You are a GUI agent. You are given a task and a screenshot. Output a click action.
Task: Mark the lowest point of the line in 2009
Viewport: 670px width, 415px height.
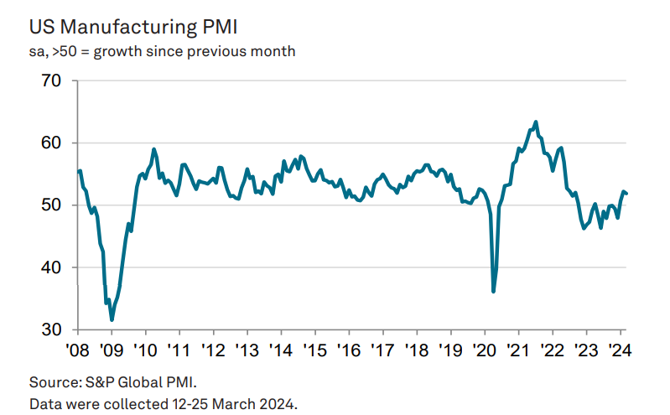pyautogui.click(x=112, y=319)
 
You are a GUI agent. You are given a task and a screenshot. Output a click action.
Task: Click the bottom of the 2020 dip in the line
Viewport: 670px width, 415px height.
pyautogui.click(x=493, y=291)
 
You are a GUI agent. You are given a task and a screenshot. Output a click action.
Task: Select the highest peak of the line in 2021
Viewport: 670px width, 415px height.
pyautogui.click(x=536, y=122)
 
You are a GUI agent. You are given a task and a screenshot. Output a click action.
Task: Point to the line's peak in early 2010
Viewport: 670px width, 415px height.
pyautogui.click(x=154, y=149)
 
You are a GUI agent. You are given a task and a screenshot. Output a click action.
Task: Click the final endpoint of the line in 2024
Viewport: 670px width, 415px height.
pyautogui.click(x=626, y=194)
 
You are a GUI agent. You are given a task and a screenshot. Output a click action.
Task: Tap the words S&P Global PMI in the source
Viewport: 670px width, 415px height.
pyautogui.click(x=138, y=382)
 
